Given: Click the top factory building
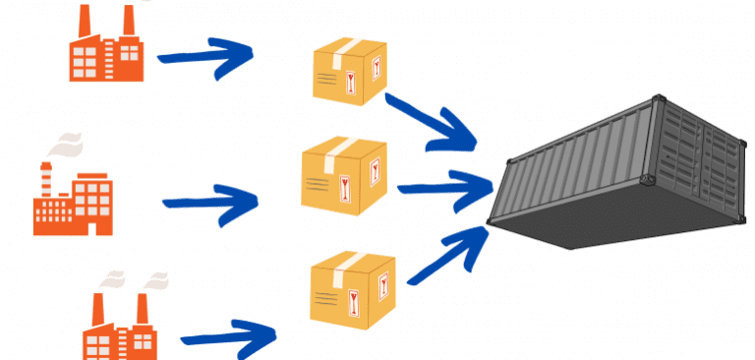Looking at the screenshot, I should click(106, 54).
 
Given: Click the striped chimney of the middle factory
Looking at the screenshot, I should click(46, 179).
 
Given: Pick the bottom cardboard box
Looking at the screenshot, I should click(353, 288).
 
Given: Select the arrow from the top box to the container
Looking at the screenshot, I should click(433, 123).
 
